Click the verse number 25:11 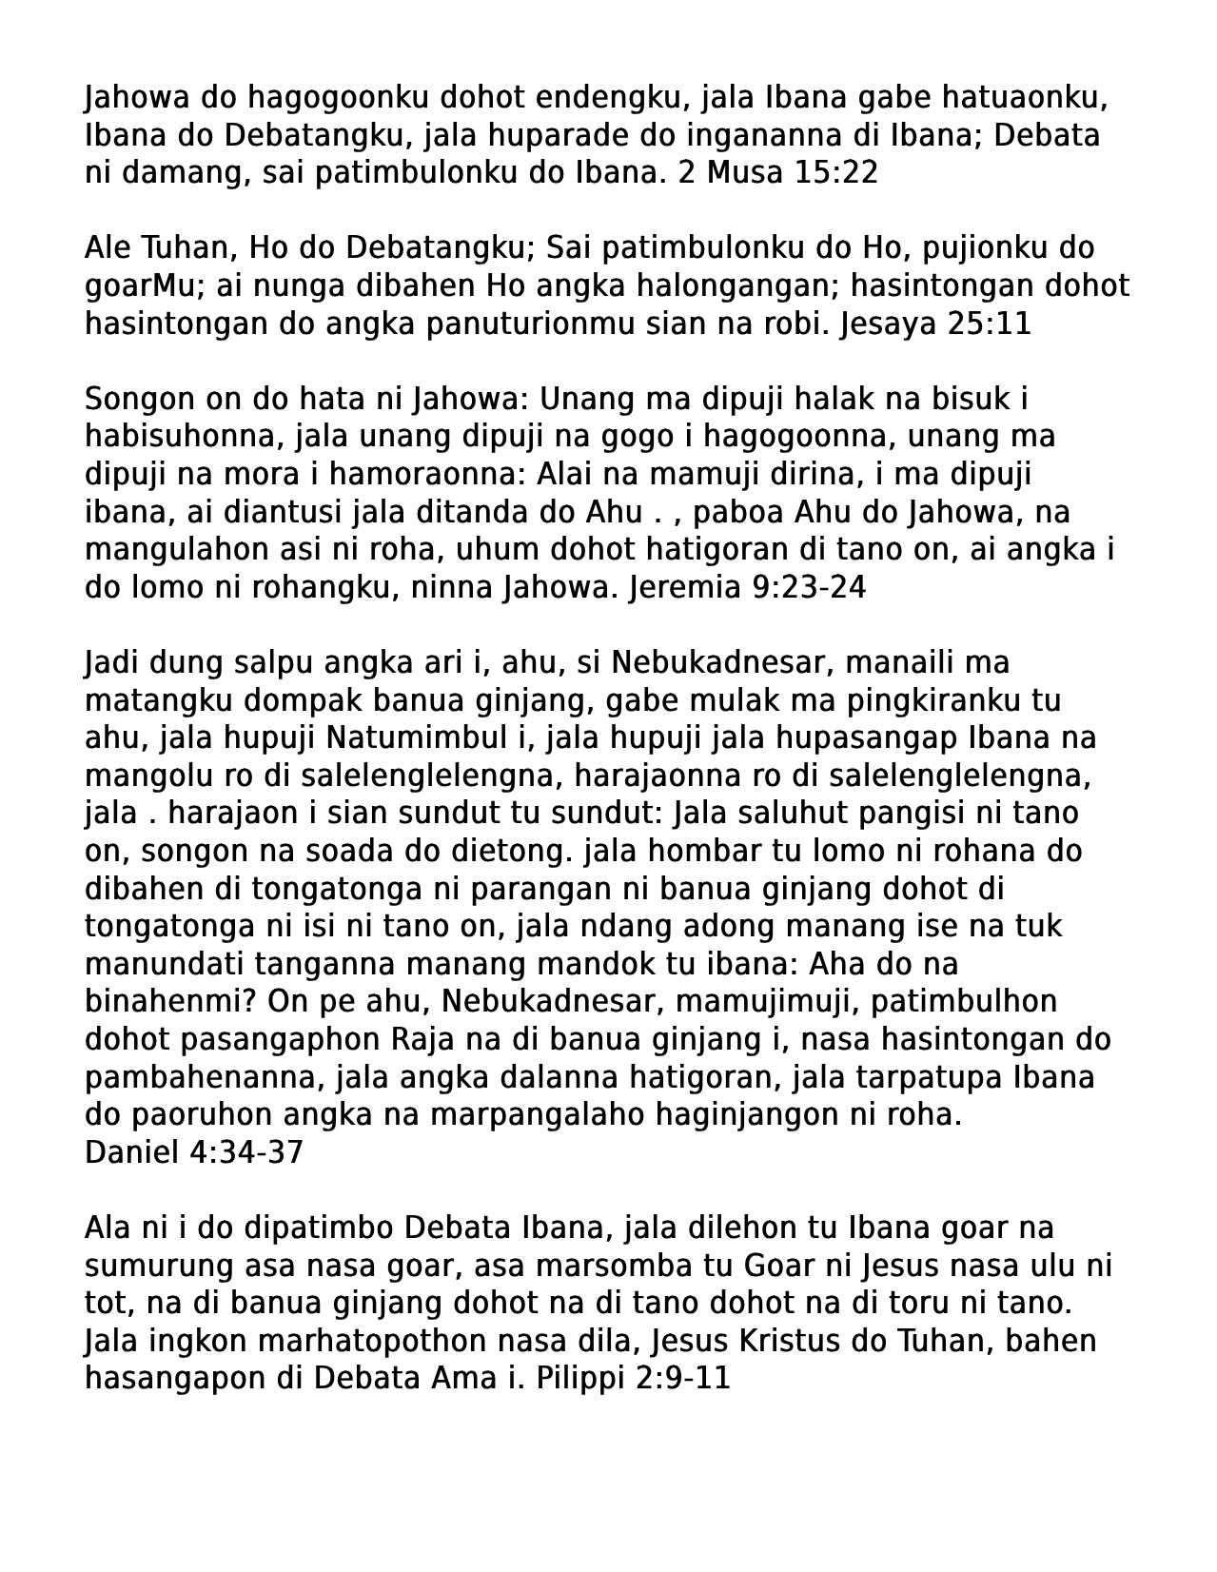tap(991, 324)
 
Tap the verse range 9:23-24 tap(809, 588)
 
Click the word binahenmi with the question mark tap(172, 1002)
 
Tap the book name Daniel tap(132, 1152)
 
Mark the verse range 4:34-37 tap(246, 1152)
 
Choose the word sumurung tap(158, 1266)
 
